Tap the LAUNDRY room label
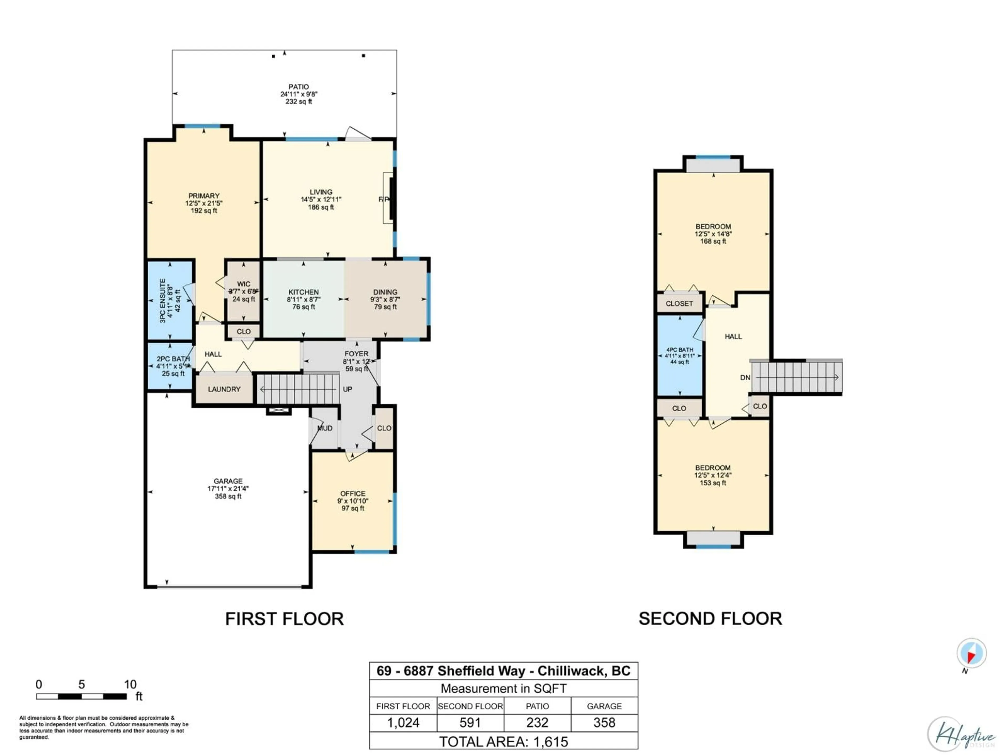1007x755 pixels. (224, 389)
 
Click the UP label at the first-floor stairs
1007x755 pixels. (347, 389)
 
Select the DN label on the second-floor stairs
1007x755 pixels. (745, 377)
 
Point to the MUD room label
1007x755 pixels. (325, 428)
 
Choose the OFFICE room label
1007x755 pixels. (353, 493)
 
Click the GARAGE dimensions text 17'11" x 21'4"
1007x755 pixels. (228, 489)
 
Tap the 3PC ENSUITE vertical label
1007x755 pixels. (163, 301)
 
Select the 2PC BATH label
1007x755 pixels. (173, 359)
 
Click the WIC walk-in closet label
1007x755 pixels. (244, 284)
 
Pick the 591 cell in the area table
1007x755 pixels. (470, 723)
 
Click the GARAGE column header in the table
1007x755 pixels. (604, 706)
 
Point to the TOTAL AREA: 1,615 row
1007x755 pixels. (504, 742)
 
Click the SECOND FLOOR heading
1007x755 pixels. (710, 619)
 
